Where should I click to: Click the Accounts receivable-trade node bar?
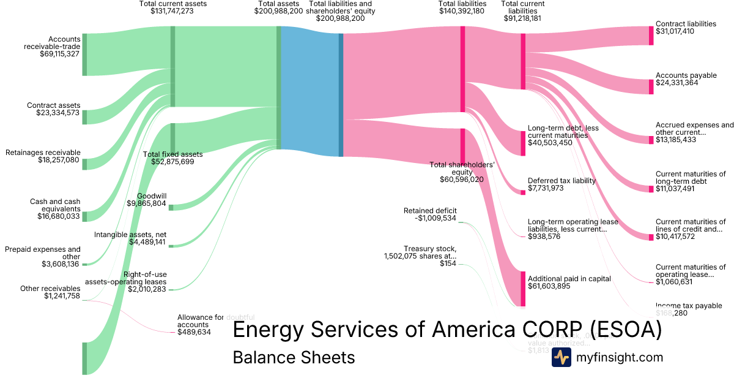pos(84,55)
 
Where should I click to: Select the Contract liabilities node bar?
pos(651,36)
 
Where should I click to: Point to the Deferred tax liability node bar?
pos(523,192)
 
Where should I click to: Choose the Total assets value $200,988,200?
pos(278,11)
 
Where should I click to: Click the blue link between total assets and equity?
pos(309,92)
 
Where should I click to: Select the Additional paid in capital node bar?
pos(523,288)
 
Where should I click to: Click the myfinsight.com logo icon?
pos(561,357)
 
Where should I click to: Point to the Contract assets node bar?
pos(84,117)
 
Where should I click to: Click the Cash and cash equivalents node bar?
pos(84,216)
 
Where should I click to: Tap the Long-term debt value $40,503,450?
pos(550,143)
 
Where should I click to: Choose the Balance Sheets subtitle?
pos(294,357)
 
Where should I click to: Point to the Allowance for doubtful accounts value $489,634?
pos(194,332)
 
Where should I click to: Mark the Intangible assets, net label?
pos(130,235)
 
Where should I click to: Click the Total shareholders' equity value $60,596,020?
pos(461,180)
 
